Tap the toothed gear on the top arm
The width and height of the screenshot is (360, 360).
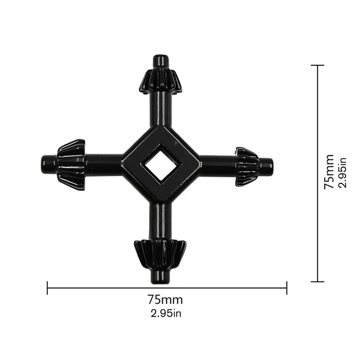point(160,81)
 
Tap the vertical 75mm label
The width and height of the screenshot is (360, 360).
point(329,172)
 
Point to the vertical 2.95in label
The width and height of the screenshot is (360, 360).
point(343,173)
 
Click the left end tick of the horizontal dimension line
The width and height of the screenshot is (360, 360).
point(47,288)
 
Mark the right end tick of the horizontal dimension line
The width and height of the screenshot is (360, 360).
point(287,288)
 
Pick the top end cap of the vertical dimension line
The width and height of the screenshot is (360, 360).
point(317,65)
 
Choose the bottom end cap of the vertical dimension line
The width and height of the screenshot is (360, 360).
point(317,282)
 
